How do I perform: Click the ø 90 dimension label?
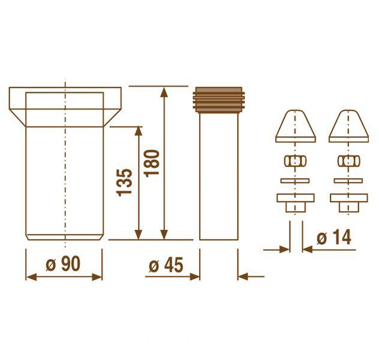63,264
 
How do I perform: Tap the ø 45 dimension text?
166,265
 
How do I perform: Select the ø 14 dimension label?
334,238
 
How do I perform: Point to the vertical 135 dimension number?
124,182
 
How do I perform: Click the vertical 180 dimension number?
152,163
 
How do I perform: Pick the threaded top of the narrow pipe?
219,100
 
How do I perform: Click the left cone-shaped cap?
296,126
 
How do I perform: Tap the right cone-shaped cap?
348,126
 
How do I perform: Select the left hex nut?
295,161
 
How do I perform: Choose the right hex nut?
348,161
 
